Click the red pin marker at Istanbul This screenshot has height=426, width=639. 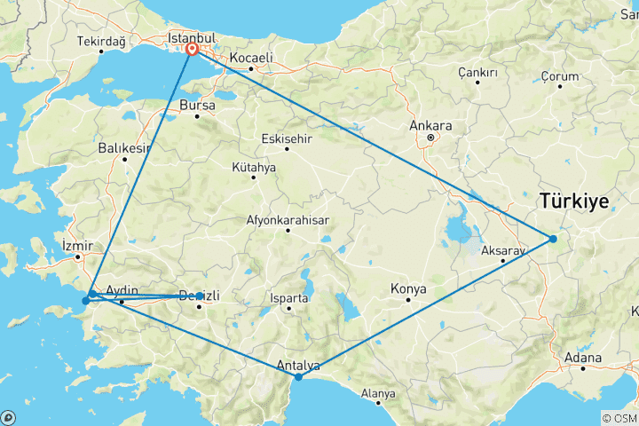coord(192,50)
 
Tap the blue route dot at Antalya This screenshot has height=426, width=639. coord(299,377)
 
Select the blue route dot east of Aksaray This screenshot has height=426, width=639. coord(553,239)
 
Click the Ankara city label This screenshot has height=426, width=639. coord(431,125)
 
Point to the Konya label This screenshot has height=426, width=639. coord(408,288)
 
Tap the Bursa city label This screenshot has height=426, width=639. coord(197,105)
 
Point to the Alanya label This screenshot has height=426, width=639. coord(379,392)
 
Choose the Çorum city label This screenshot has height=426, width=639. coord(560,76)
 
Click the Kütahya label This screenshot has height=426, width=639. coord(254,167)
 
